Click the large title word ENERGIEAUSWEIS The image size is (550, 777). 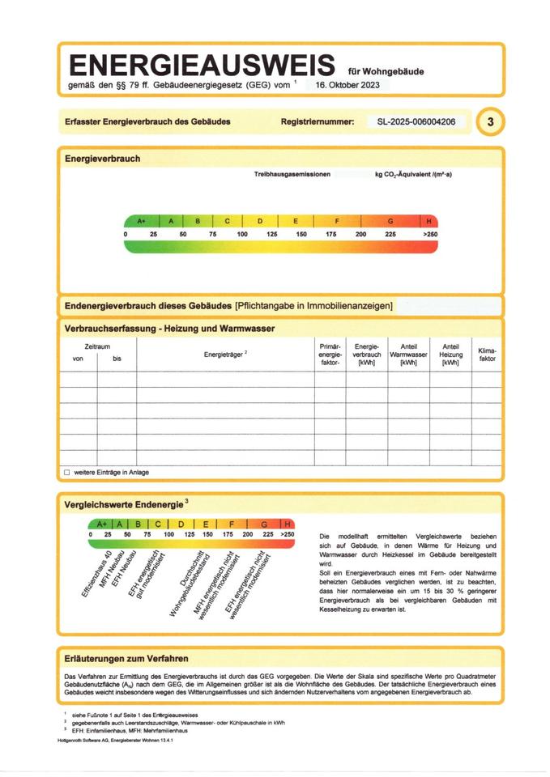tap(203, 65)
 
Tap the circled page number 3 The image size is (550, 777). tap(490, 122)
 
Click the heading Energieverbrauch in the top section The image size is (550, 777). tap(102, 159)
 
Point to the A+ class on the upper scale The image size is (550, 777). tap(142, 221)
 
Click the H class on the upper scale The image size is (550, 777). tap(428, 221)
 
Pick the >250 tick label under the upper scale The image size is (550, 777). tap(429, 234)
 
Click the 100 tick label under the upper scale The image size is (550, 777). tap(242, 234)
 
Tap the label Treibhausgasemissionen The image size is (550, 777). tap(292, 175)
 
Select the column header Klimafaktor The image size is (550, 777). tap(487, 354)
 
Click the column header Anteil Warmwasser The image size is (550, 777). tap(408, 355)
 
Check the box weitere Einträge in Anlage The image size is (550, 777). tap(67, 472)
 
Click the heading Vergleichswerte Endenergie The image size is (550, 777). tap(124, 505)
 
